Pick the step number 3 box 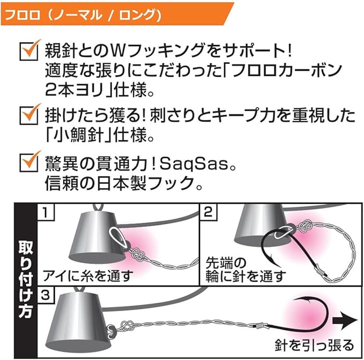point(47,295)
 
